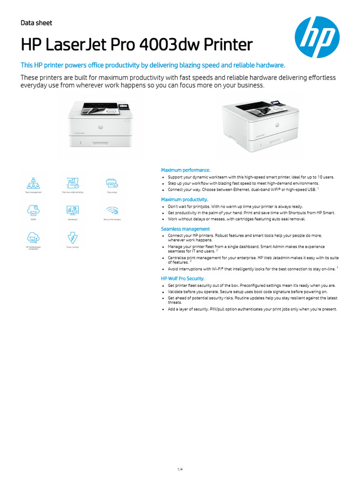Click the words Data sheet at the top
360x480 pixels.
37,23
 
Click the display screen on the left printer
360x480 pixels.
124,108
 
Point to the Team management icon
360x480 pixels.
33,182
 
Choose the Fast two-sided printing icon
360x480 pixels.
73,182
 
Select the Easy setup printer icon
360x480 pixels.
112,182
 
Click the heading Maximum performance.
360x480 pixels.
186,170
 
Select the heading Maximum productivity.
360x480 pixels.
185,199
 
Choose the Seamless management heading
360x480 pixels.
185,229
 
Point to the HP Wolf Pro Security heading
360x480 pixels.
183,278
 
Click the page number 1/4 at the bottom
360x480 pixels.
180,457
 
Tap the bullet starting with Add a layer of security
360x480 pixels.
252,309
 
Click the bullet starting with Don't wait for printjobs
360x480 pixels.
235,206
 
